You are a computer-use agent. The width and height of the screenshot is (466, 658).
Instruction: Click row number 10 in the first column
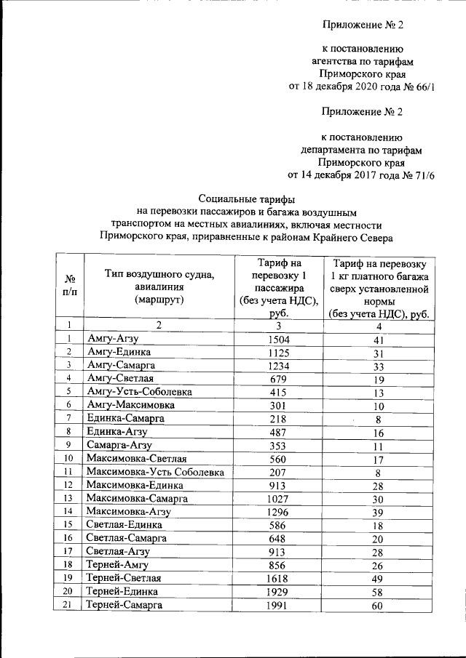point(68,458)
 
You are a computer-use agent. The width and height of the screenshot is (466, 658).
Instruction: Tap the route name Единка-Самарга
point(125,418)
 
